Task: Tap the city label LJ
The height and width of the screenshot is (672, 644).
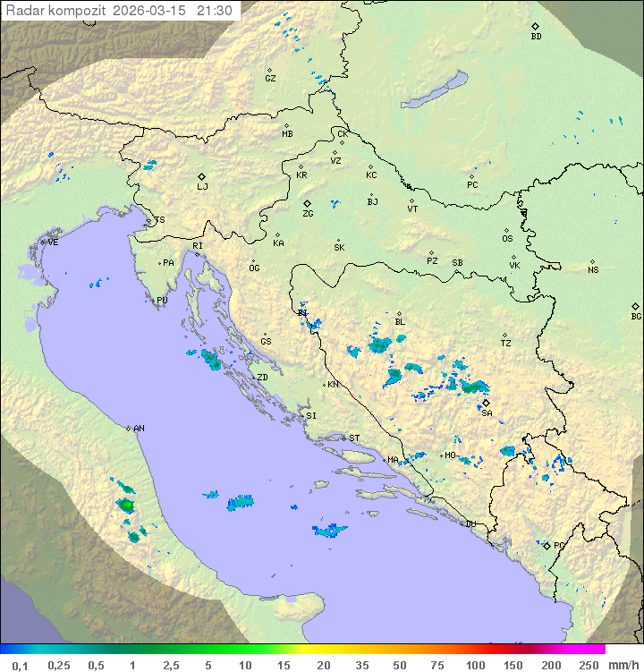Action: point(202,187)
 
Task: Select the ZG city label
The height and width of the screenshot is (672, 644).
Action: point(308,214)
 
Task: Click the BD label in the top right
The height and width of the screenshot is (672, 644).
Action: point(536,37)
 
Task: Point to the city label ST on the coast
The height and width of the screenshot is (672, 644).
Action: point(354,438)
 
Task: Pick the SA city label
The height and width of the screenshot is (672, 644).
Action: point(487,413)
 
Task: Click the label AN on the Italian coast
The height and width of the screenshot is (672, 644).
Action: point(139,429)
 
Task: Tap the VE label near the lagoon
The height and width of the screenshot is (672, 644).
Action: point(53,242)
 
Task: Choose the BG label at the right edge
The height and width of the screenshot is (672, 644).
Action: point(636,317)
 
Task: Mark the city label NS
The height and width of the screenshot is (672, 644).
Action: point(593,270)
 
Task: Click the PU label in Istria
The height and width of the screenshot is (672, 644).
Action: point(162,301)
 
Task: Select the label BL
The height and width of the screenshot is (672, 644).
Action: point(400,322)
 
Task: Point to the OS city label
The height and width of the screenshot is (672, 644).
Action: point(507,239)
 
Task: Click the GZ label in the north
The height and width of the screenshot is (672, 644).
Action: point(270,79)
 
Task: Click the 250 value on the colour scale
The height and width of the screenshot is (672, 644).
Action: point(589,665)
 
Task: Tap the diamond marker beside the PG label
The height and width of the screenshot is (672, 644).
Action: point(547,545)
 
